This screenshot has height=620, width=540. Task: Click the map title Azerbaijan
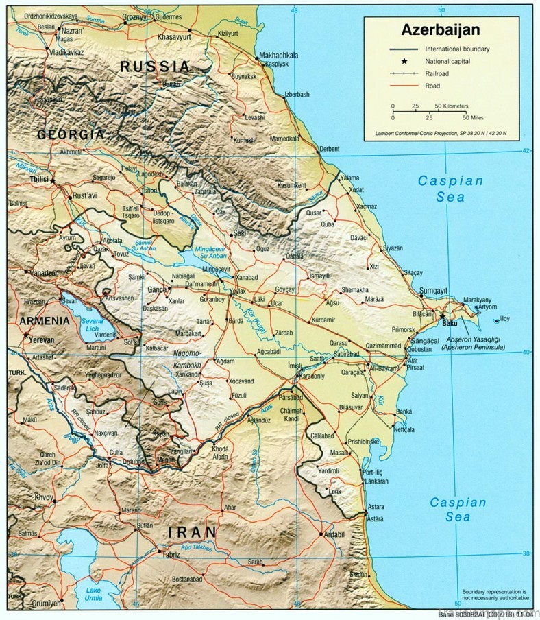[440, 31]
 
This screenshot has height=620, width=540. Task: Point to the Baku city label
[450, 322]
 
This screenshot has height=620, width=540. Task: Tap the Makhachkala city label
[278, 56]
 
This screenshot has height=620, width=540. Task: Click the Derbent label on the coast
[330, 149]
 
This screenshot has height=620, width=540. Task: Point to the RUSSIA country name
[155, 67]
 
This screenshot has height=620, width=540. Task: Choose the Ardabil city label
[332, 534]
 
